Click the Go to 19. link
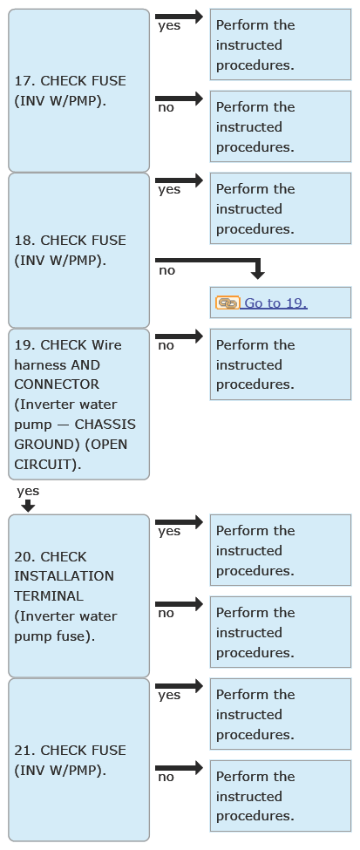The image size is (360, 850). click(276, 303)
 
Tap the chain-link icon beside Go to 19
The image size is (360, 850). click(228, 303)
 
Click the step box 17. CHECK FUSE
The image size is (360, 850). click(78, 91)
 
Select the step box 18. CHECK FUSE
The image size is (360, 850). click(78, 250)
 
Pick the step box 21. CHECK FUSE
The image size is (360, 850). click(78, 760)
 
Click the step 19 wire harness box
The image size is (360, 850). click(78, 405)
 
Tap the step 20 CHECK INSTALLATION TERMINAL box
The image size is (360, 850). click(78, 596)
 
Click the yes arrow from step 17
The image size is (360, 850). click(179, 17)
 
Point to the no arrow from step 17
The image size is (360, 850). click(179, 99)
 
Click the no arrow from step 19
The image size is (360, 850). click(179, 337)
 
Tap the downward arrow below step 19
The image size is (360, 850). click(28, 506)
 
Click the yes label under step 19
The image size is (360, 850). click(28, 491)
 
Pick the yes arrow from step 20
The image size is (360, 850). click(179, 522)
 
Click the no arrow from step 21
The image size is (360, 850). click(179, 767)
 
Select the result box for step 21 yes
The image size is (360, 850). click(281, 714)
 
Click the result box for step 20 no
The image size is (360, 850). click(281, 632)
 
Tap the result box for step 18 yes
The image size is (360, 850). click(281, 208)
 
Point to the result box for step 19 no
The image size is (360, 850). click(281, 364)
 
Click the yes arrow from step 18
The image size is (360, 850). click(179, 180)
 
